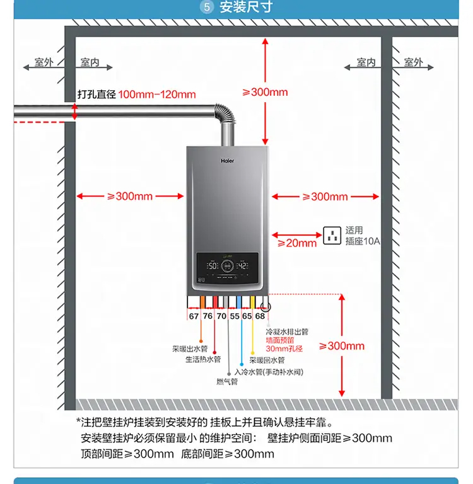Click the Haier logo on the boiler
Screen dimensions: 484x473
[227, 161]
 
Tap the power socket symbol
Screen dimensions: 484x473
[332, 236]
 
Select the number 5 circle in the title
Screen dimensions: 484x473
[207, 8]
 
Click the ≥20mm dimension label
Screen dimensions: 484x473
[301, 243]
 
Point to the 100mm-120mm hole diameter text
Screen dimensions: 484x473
[157, 95]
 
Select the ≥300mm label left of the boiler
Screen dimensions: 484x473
[130, 196]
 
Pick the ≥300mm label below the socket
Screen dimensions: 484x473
[342, 345]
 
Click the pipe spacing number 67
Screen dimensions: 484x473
[194, 316]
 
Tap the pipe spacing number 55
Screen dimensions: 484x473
[235, 316]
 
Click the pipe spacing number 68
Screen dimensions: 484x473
[260, 316]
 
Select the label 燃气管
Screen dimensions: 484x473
[227, 381]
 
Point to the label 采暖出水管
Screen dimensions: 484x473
[189, 349]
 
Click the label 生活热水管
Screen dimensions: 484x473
[203, 359]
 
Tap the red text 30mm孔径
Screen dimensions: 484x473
[284, 348]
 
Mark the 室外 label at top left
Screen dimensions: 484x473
[44, 62]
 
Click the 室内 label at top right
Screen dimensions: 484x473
[366, 62]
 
